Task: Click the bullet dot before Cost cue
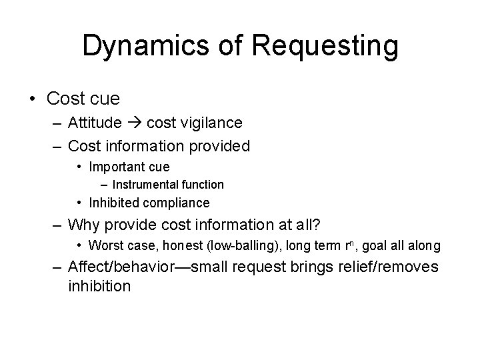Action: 33,99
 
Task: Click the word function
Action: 201,184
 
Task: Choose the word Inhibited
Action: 113,202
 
